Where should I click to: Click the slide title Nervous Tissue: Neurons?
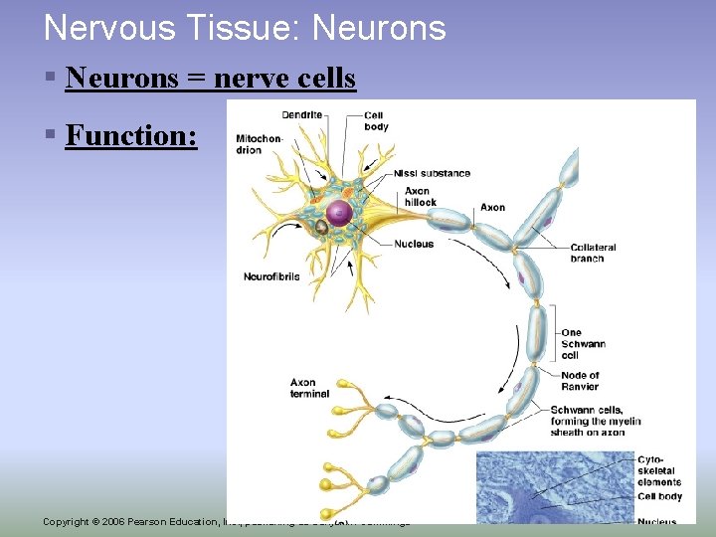[x=245, y=28]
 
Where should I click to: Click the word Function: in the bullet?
[x=131, y=135]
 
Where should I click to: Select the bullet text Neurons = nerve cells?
[x=210, y=78]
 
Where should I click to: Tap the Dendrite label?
[x=301, y=114]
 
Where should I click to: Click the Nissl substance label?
[x=432, y=173]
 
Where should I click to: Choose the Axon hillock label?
[x=420, y=196]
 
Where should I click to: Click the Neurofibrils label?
[x=270, y=276]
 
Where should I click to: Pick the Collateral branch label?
[x=593, y=253]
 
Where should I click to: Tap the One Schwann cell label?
[x=583, y=344]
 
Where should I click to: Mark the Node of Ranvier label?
[x=580, y=382]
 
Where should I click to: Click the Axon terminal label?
[x=309, y=388]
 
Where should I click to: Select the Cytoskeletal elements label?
[x=657, y=470]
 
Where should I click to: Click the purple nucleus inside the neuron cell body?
[x=339, y=211]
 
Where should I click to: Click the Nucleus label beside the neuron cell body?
[x=413, y=244]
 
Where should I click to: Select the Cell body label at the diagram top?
[x=376, y=120]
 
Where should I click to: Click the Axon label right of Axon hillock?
[x=492, y=208]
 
